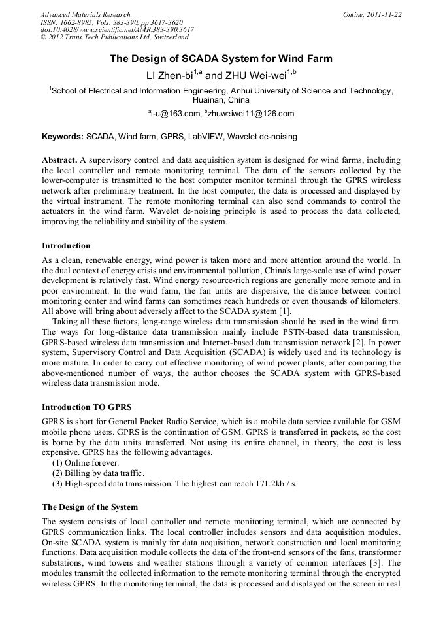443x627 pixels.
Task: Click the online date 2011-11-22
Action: pos(384,14)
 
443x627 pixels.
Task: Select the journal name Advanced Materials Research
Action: pos(85,14)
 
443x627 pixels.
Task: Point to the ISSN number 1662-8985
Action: pos(78,22)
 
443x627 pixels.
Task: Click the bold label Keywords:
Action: pos(63,137)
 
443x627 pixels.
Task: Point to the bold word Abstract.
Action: pos(59,160)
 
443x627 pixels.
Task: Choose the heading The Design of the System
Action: pos(90,507)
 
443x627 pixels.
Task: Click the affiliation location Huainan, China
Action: pos(221,101)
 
